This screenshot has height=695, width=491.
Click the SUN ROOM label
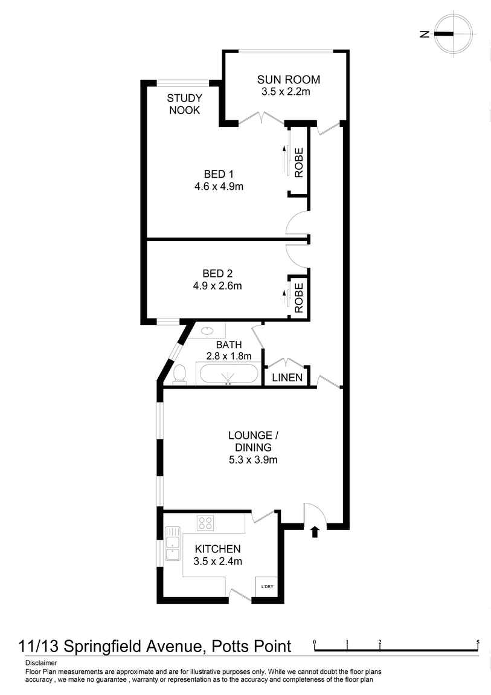click(x=288, y=79)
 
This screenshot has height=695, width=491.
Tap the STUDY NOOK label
click(x=185, y=104)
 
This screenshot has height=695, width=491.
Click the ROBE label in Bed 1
click(x=298, y=162)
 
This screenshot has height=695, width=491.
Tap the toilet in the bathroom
click(x=179, y=375)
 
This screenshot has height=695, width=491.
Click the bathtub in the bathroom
click(x=229, y=374)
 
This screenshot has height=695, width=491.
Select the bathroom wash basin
click(x=207, y=331)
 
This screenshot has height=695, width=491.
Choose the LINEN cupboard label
click(x=287, y=378)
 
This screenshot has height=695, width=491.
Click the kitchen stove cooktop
click(x=205, y=523)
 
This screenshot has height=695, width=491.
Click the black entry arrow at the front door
click(x=314, y=532)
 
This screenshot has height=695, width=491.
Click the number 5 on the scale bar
click(x=478, y=642)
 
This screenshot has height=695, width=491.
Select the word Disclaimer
click(x=41, y=663)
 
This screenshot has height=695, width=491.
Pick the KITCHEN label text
click(x=217, y=549)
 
